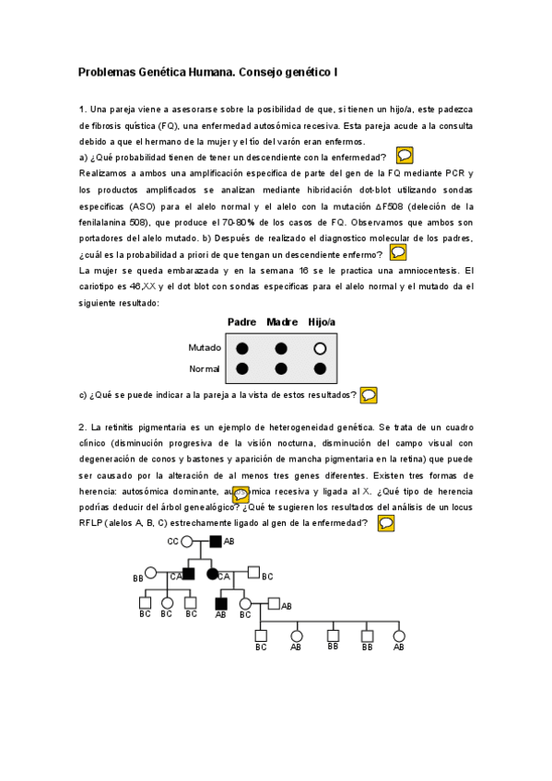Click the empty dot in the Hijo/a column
(x=320, y=348)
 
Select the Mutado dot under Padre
(x=242, y=348)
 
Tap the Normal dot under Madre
(x=280, y=369)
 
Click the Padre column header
(x=241, y=321)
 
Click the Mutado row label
(x=204, y=348)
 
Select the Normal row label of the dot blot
(x=205, y=369)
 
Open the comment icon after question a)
(x=404, y=156)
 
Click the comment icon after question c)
(x=369, y=395)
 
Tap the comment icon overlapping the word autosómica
(x=241, y=495)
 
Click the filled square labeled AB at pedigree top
(x=215, y=542)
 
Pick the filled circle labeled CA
(x=214, y=574)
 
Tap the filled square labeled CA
(x=188, y=574)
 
